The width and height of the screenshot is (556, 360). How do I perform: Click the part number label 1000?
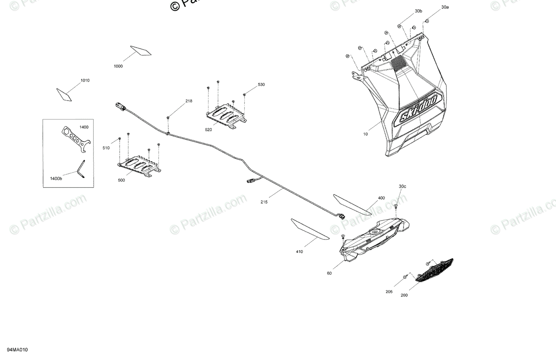pos(118,67)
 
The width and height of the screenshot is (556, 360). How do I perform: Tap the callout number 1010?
pos(85,81)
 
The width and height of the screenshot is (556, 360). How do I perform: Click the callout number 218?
pos(189,101)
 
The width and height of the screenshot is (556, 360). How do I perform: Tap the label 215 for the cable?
pos(265,202)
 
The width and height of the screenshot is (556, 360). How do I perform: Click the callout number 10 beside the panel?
pos(366,134)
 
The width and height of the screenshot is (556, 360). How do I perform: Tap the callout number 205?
pos(389,292)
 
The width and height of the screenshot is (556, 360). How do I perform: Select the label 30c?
pos(402,187)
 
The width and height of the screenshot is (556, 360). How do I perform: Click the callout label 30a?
pos(445,7)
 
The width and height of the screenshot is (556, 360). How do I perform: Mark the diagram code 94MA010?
pos(18,350)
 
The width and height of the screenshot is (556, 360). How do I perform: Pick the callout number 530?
pos(261,85)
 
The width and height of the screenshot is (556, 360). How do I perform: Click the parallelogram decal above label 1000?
pos(140,50)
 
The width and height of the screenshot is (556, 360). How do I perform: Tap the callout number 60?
pos(329,273)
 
